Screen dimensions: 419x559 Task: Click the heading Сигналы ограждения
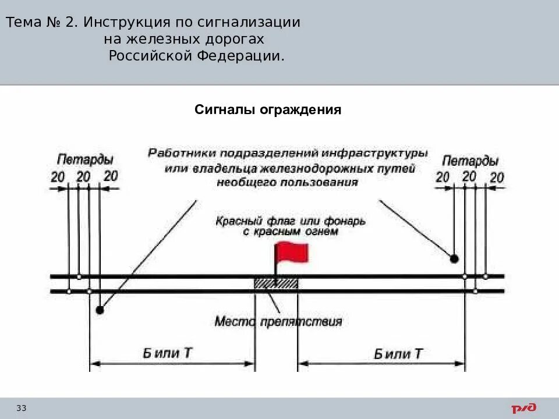click(267, 110)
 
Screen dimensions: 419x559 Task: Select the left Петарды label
click(85, 159)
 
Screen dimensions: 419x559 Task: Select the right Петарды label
click(470, 161)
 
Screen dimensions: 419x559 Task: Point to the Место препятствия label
click(278, 321)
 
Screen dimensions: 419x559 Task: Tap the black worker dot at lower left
click(100, 310)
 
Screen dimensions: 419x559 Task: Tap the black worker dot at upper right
click(454, 258)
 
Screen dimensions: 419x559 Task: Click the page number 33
click(22, 408)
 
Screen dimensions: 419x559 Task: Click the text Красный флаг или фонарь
click(290, 221)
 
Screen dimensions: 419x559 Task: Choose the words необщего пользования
click(287, 182)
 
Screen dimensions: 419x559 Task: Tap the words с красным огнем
click(290, 232)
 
